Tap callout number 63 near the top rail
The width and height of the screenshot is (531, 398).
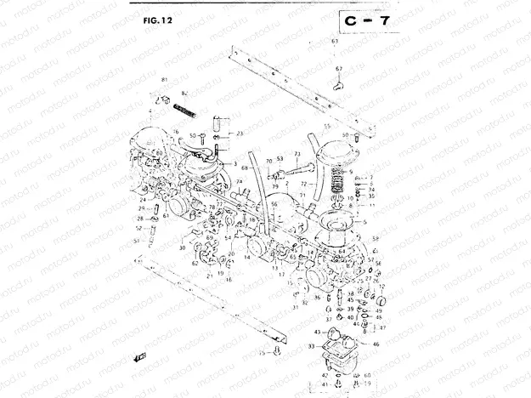pos(335,41)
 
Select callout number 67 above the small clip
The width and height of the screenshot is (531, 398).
pos(338,68)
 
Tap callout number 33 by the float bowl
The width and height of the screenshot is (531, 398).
pos(311,346)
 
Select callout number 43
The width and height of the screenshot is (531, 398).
pos(318,331)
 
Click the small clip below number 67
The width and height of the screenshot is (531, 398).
pos(338,83)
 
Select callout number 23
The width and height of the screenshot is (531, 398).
pos(240,134)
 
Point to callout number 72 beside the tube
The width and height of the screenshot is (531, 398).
pos(303,184)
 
